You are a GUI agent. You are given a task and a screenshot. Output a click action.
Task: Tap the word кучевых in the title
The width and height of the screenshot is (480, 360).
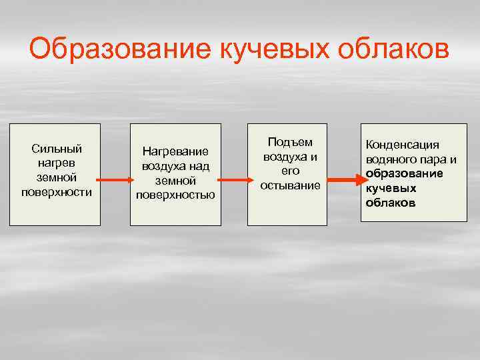(x=272, y=51)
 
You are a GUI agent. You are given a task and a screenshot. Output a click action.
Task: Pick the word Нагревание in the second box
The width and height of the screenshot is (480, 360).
(x=175, y=152)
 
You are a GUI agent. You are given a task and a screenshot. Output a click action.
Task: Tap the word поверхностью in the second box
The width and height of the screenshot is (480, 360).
(x=175, y=195)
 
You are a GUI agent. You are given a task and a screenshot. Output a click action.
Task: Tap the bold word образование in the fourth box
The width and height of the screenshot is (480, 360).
(x=404, y=173)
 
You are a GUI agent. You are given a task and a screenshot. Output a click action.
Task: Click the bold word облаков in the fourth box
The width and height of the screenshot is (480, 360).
(x=391, y=202)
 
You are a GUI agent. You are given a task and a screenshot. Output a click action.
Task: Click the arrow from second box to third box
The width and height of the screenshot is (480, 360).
(x=233, y=180)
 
